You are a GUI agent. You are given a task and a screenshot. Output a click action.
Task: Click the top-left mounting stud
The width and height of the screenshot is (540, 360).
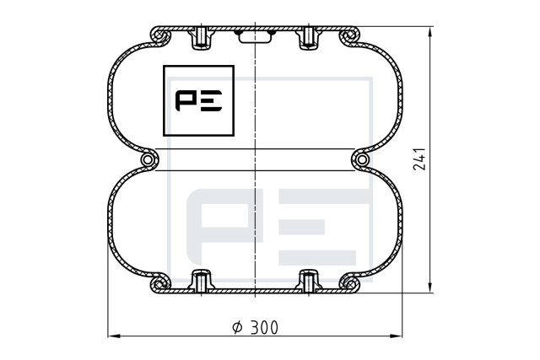pyautogui.click(x=200, y=39)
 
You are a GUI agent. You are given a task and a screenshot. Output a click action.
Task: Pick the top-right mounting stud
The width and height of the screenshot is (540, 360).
pyautogui.click(x=308, y=39)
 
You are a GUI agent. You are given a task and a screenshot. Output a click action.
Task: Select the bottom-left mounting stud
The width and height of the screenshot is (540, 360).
pyautogui.click(x=200, y=280)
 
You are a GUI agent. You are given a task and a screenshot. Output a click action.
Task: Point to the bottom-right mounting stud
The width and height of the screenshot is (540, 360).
pyautogui.click(x=308, y=280)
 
